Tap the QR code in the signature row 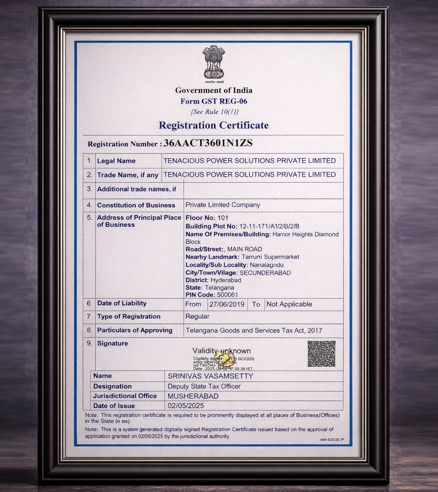point(321,354)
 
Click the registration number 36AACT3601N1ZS point(208,143)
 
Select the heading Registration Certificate point(214,125)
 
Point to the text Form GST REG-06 point(214,101)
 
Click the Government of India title point(214,90)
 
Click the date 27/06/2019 point(227,304)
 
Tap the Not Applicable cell point(289,304)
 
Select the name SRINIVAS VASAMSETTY point(210,376)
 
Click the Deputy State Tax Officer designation point(204,386)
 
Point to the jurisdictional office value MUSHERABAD point(193,396)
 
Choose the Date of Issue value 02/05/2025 point(186,406)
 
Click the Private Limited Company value point(222,205)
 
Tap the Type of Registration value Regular point(198,317)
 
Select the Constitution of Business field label point(136,205)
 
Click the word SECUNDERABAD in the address point(265,273)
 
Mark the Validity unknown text point(222,351)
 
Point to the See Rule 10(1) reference point(215,112)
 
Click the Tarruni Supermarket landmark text point(270,257)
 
